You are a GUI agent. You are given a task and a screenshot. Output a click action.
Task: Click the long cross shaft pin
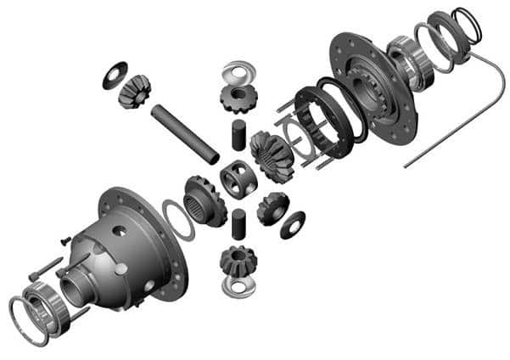185,133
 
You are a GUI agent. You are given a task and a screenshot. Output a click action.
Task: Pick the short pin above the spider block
238,135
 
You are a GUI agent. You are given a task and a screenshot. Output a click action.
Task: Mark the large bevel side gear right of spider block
272,157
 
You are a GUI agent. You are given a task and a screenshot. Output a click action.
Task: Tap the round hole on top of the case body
120,230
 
